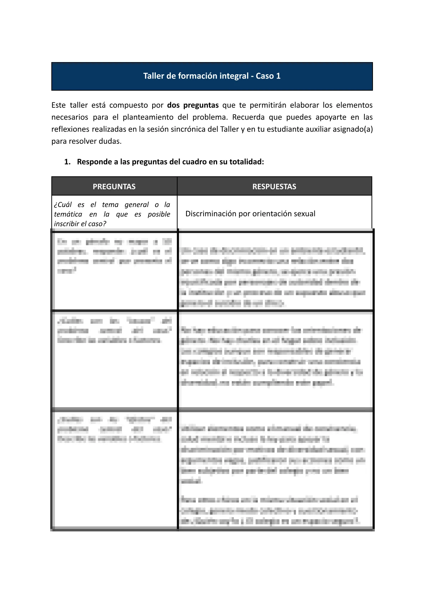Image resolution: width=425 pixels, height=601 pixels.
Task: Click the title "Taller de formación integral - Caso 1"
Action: point(212,76)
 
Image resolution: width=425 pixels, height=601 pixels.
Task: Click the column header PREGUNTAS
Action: point(114,187)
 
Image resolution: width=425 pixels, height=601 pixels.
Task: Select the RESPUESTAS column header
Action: point(274,187)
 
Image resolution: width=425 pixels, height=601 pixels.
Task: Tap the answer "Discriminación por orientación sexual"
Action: point(250,214)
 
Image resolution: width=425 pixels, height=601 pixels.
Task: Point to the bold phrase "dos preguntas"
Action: point(193,105)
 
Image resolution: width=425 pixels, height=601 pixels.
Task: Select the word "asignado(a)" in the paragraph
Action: point(353,129)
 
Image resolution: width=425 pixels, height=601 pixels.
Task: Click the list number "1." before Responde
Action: point(67,162)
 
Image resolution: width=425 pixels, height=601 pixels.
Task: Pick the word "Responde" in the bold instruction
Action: point(94,162)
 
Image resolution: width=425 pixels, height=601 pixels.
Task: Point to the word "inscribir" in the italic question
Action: point(67,224)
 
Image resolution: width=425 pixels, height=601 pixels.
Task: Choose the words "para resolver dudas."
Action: point(86,141)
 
